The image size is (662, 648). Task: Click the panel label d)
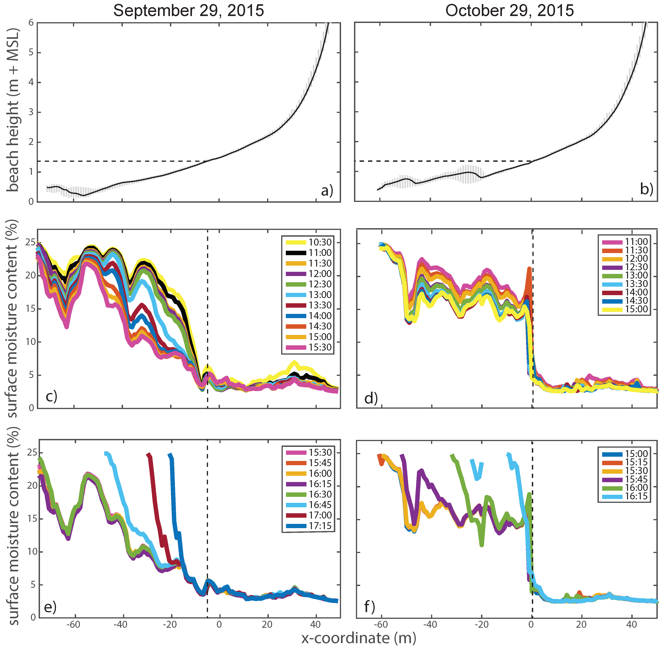(371, 398)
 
